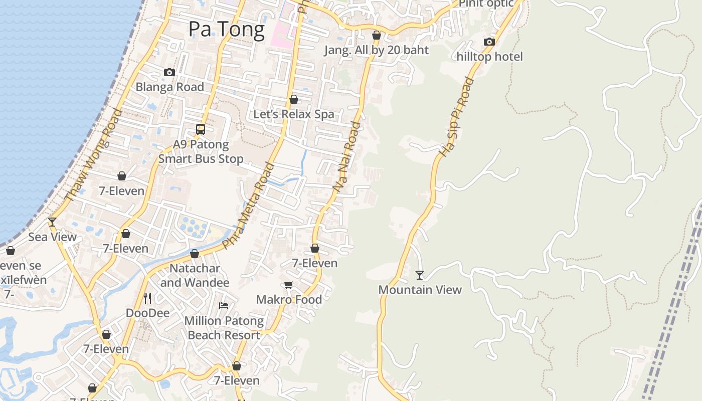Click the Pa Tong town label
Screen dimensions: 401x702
tap(226, 30)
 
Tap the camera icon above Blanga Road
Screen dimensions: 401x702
tap(169, 73)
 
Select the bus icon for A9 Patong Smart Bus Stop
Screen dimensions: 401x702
tap(201, 129)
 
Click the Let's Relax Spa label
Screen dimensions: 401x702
tap(293, 114)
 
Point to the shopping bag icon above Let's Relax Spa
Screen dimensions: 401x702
tap(294, 100)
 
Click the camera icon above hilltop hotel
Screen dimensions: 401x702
tap(489, 42)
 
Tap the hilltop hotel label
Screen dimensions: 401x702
tap(489, 57)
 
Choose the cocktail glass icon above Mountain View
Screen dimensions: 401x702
tap(420, 275)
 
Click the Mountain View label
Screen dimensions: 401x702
tap(420, 290)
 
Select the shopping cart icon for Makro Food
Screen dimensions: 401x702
tap(288, 285)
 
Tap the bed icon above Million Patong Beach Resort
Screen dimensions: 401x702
tap(224, 305)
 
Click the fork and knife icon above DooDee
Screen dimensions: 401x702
tap(147, 298)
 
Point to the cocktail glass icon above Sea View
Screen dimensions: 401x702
tap(52, 222)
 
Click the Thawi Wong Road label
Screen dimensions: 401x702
tap(94, 155)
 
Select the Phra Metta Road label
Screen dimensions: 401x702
tap(249, 206)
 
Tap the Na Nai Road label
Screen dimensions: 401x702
tap(347, 156)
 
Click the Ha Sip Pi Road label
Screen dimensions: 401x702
tap(456, 117)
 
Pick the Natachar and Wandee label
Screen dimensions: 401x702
tap(195, 275)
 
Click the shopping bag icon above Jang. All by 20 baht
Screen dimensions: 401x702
tap(377, 36)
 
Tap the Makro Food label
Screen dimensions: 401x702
tap(289, 300)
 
